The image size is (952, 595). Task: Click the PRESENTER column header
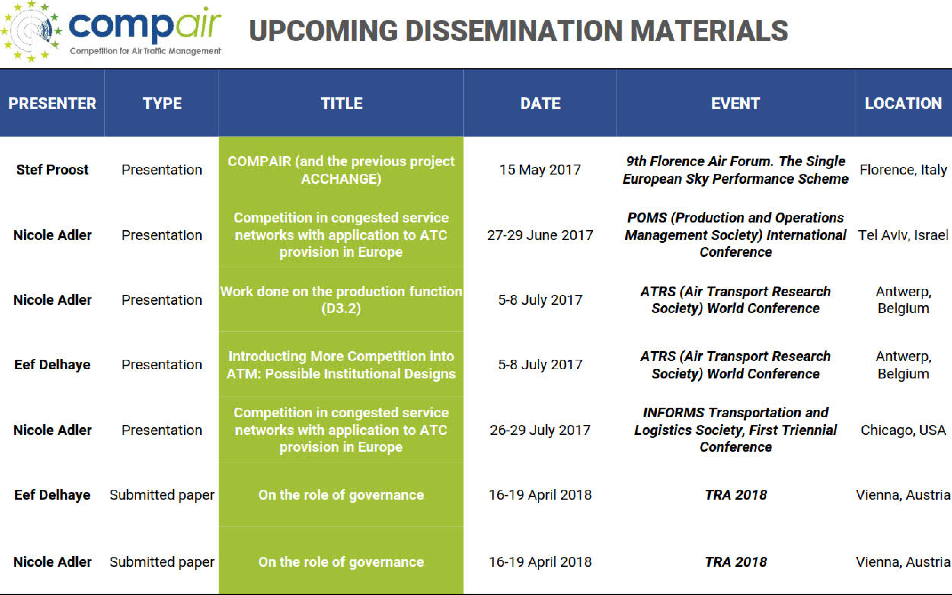[52, 103]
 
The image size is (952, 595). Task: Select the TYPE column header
[162, 103]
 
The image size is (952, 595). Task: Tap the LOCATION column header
[903, 103]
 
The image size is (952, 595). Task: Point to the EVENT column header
[735, 103]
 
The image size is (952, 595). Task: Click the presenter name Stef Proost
[52, 170]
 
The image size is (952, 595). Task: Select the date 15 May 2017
[540, 170]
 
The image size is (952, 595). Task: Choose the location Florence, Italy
[903, 170]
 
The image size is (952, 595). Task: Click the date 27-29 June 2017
[540, 235]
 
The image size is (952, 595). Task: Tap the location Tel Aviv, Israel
[903, 235]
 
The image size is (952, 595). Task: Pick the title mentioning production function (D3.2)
[341, 300]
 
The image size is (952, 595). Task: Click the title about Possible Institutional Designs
[341, 365]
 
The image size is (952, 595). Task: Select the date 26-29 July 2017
[540, 430]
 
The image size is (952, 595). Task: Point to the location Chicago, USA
[903, 430]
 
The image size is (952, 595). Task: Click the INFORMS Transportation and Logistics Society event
[735, 430]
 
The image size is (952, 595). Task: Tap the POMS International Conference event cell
[735, 235]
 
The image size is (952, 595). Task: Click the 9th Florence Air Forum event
[735, 170]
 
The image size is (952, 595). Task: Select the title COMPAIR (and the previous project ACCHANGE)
[341, 170]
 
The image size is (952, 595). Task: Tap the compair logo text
[145, 26]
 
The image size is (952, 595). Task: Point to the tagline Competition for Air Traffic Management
[145, 51]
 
